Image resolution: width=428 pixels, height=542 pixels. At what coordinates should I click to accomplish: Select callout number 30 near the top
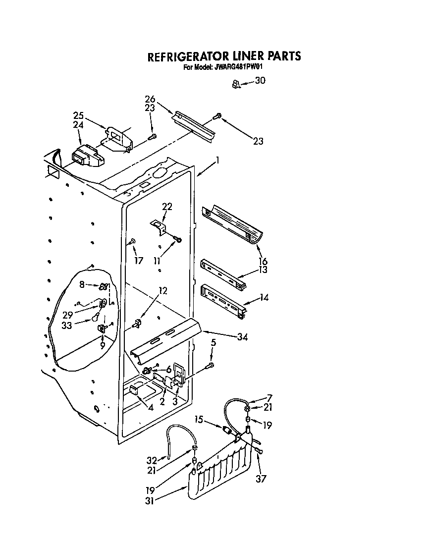[x=260, y=81]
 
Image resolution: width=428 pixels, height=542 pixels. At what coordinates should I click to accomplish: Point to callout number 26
[x=150, y=98]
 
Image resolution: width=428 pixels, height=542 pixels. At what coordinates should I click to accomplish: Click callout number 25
[x=78, y=116]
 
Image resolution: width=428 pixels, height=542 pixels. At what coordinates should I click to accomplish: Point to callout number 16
[x=263, y=261]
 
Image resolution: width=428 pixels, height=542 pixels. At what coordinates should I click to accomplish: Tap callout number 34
[x=242, y=337]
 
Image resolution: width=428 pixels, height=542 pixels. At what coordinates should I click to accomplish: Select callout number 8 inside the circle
[x=82, y=284]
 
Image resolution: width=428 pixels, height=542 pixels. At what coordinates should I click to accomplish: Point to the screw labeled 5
[x=211, y=366]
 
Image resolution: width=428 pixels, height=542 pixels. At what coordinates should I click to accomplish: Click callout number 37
[x=261, y=479]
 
